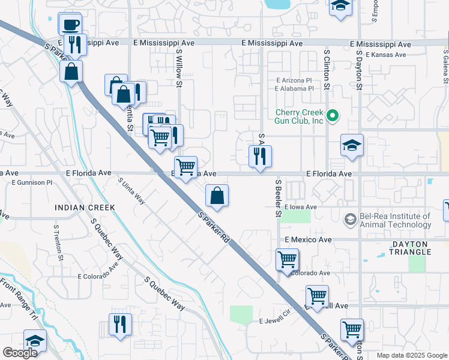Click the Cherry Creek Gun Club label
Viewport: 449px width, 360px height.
coord(299,116)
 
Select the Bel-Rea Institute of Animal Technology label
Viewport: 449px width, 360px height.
coord(395,220)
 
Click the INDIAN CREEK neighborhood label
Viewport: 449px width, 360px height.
coord(85,207)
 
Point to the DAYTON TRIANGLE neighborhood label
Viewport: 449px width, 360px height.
coord(418,248)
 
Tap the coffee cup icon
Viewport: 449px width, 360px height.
coord(71,25)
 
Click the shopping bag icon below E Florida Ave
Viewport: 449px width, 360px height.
coord(217,196)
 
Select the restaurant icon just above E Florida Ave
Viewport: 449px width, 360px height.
coord(260,157)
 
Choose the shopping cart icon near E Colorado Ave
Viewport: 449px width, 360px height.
coord(288,260)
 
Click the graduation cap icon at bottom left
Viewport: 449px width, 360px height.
coord(35,341)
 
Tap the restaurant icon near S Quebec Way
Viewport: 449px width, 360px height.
coord(120,325)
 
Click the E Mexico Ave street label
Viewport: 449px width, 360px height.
coord(308,239)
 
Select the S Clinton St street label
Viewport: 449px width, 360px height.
coord(327,70)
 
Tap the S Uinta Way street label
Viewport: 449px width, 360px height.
coord(131,191)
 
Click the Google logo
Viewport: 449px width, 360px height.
coord(20,353)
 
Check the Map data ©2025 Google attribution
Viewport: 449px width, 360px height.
coord(411,355)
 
